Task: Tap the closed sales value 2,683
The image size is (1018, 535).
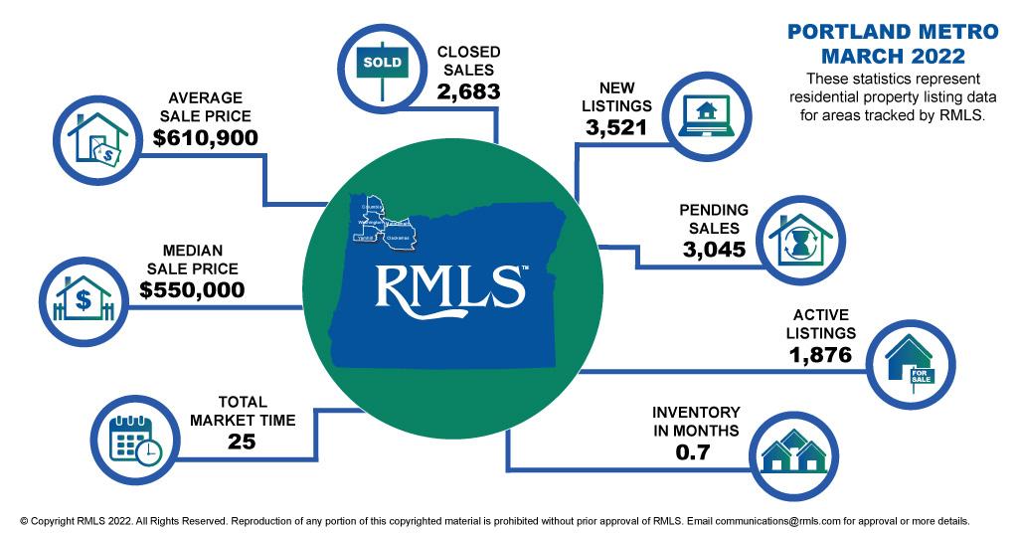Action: coord(468,91)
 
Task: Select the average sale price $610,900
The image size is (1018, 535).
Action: coord(206,136)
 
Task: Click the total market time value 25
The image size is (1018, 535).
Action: coord(242,441)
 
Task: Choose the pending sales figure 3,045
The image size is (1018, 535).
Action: coord(714,249)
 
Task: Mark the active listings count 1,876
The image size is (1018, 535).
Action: coord(819,353)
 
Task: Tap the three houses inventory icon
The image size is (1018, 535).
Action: coord(793,453)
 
